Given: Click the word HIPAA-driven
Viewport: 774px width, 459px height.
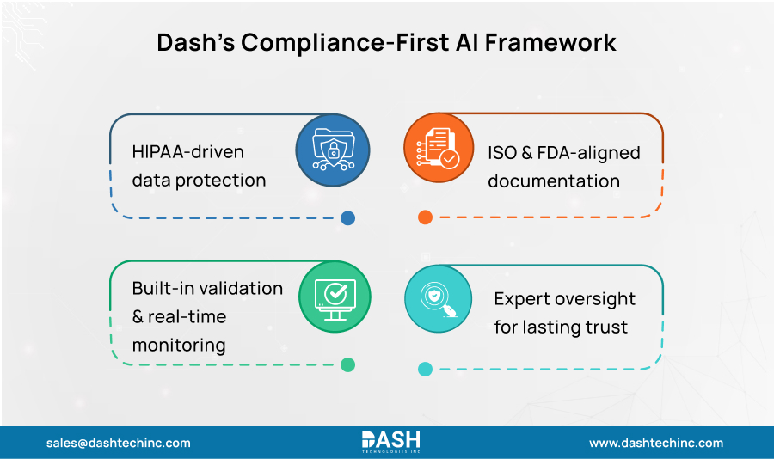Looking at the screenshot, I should click(188, 152).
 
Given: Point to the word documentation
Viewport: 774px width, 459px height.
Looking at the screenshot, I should click(556, 181).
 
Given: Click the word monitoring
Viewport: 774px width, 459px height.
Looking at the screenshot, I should click(179, 346).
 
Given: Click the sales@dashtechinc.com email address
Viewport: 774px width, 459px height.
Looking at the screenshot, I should click(119, 443).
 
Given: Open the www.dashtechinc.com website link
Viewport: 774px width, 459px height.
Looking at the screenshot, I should click(656, 443).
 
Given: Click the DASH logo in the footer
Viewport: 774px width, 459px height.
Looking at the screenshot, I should click(390, 442).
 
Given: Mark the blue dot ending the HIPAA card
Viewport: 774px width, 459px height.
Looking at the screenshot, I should click(347, 218).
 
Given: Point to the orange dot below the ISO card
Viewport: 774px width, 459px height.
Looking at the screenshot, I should click(425, 217).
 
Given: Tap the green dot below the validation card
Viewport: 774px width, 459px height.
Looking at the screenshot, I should click(347, 364).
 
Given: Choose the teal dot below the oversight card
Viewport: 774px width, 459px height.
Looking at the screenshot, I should click(425, 370).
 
